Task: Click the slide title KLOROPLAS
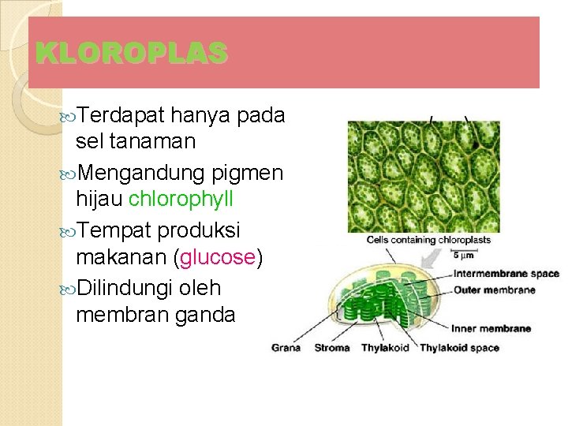[132, 53]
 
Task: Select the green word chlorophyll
[181, 198]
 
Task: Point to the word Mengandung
[142, 171]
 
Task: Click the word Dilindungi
[127, 288]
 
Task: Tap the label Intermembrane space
[506, 274]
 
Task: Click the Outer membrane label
[495, 290]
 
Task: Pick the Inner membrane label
[491, 328]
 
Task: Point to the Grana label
[286, 347]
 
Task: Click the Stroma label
[332, 347]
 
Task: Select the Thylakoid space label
[459, 347]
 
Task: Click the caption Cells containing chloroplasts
[428, 240]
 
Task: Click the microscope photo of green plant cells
[424, 175]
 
